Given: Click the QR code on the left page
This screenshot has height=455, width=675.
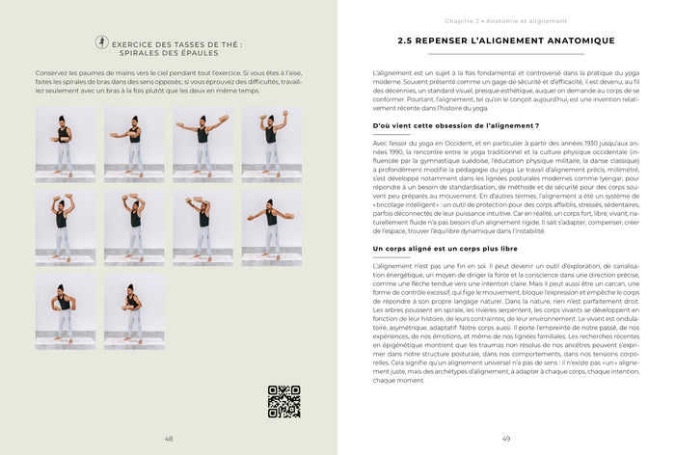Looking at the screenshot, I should pyautogui.click(x=283, y=401).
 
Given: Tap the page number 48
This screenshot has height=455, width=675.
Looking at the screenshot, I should pyautogui.click(x=169, y=439).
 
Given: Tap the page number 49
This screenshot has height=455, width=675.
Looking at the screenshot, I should pyautogui.click(x=506, y=439).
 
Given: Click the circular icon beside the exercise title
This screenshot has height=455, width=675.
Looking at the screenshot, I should pyautogui.click(x=102, y=42).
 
